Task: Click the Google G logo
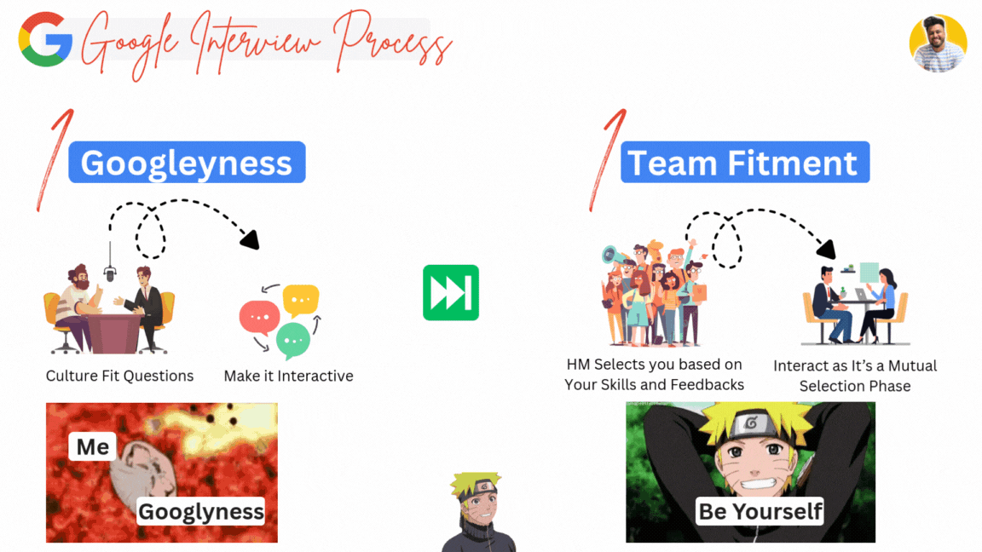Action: tap(45, 39)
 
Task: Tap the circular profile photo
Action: tap(938, 43)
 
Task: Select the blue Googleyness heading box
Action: tap(187, 163)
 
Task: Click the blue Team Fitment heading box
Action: tap(744, 163)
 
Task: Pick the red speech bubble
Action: tap(259, 318)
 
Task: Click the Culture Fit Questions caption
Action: tap(119, 376)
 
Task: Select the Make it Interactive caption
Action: tap(288, 376)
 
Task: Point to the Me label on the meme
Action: tap(92, 446)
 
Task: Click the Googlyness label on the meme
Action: tap(201, 511)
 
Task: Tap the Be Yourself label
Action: tap(760, 510)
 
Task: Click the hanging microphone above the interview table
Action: tap(110, 273)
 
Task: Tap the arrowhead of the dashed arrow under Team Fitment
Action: tap(826, 250)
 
